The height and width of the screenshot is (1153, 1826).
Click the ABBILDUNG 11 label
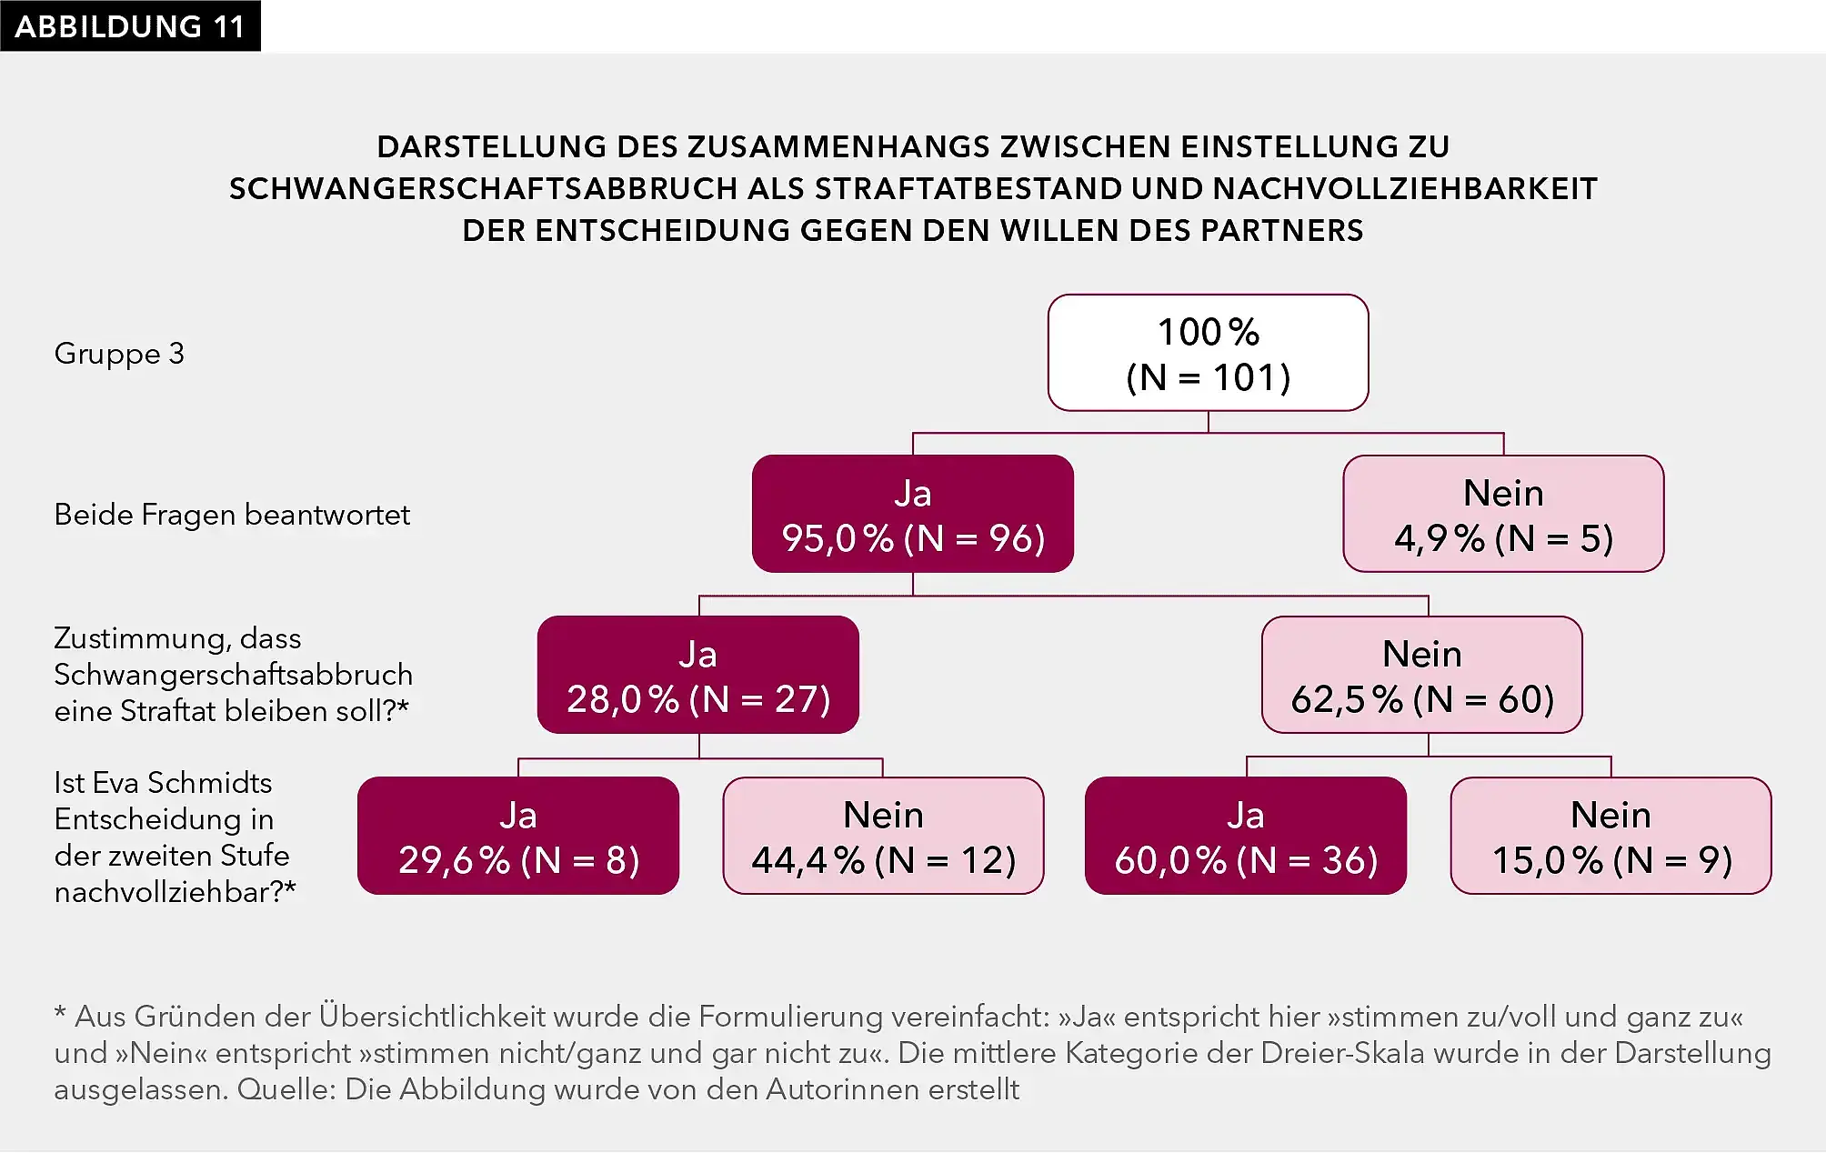130,26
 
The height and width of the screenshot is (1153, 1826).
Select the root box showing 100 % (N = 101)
1208,353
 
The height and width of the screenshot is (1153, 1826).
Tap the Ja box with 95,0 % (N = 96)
912,515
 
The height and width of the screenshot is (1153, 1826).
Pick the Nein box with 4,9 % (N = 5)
1503,515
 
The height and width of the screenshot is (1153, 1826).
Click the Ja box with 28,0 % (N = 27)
697,676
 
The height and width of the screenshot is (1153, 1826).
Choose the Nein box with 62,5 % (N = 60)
1421,676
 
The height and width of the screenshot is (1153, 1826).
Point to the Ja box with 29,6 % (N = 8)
518,837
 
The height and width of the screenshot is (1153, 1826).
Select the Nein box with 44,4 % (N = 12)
883,837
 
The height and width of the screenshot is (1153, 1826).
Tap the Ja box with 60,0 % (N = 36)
1245,837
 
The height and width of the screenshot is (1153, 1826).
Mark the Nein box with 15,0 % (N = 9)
1610,837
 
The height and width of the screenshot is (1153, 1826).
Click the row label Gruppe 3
119,354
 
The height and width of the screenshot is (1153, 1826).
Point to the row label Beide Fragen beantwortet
232,515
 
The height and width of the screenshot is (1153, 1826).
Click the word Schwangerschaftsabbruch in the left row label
233,675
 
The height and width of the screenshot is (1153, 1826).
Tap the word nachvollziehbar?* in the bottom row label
175,892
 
